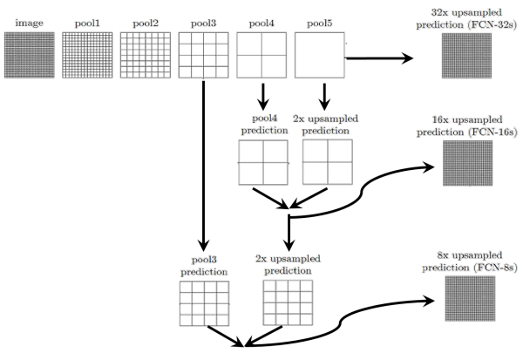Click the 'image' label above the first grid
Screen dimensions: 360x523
point(29,23)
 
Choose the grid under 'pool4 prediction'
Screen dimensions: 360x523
point(262,162)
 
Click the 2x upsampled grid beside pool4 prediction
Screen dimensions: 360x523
point(327,162)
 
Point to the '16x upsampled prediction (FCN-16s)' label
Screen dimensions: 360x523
point(466,126)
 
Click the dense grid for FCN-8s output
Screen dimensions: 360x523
point(470,301)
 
